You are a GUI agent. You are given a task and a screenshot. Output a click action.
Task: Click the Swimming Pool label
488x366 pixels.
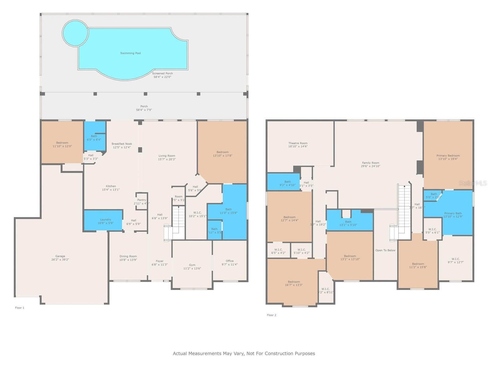[131, 53]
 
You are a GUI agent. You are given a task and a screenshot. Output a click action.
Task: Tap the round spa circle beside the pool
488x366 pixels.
[75, 33]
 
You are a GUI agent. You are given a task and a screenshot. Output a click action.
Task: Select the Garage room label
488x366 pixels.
[60, 256]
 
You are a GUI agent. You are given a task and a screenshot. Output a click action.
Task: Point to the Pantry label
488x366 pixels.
[142, 200]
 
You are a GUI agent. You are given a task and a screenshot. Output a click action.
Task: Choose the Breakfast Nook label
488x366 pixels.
[122, 144]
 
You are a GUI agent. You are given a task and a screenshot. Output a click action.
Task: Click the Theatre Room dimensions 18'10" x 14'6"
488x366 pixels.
[298, 146]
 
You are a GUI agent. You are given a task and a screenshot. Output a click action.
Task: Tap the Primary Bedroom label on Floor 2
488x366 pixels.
[448, 156]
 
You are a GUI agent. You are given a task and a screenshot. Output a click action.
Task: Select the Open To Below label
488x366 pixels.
[385, 250]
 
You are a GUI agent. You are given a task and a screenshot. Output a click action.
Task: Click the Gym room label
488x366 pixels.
[192, 265]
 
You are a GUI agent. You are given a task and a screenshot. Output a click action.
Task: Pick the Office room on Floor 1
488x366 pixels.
[230, 261]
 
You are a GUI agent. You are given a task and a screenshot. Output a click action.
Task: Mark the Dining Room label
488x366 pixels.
[128, 257]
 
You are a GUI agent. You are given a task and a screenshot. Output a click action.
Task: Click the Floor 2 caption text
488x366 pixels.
[271, 315]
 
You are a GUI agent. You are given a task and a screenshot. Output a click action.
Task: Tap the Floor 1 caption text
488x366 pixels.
[20, 308]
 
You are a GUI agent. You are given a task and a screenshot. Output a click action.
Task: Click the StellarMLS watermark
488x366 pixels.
[473, 183]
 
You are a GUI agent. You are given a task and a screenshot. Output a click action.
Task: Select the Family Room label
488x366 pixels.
[371, 163]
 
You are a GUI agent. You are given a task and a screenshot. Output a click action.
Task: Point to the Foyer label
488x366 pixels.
[160, 261]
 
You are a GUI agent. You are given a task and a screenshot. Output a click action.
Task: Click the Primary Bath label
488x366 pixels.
[453, 213]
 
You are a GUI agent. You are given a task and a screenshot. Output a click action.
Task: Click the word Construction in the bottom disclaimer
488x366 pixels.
[280, 353]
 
